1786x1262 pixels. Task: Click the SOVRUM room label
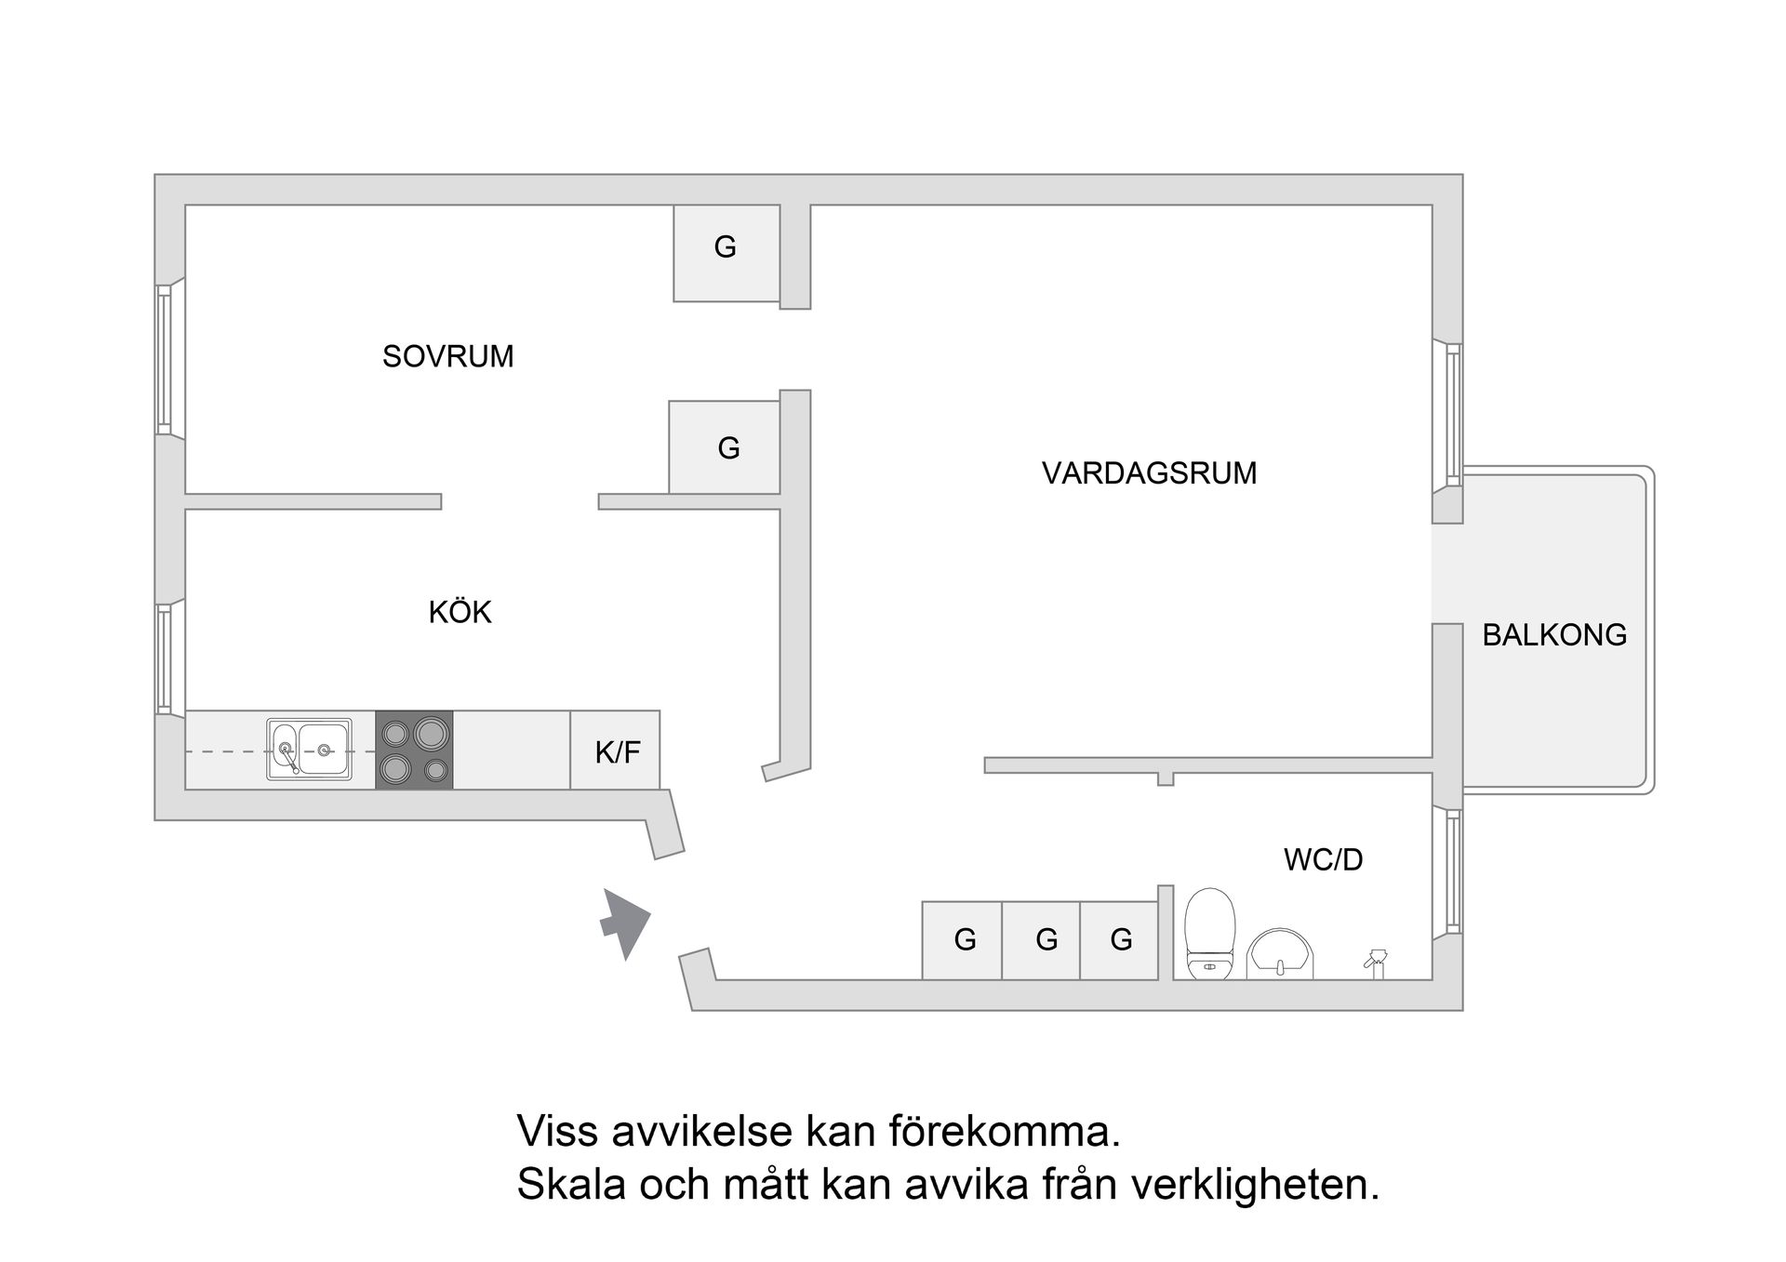[x=447, y=356]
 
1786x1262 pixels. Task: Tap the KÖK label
[x=460, y=612]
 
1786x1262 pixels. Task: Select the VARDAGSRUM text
[x=1149, y=473]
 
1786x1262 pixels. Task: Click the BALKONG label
[x=1554, y=635]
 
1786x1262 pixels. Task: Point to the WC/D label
[x=1323, y=859]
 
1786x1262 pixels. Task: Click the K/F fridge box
[x=616, y=751]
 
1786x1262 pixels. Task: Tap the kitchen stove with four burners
[x=414, y=751]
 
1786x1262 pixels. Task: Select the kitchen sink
[x=310, y=749]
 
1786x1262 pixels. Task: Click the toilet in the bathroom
[x=1209, y=934]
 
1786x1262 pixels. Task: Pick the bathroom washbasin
[x=1281, y=954]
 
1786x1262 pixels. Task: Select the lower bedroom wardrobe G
[x=726, y=448]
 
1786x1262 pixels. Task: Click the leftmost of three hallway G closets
[x=963, y=940]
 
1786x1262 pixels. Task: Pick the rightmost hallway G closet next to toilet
[x=1120, y=940]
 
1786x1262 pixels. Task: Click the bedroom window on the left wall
[x=165, y=359]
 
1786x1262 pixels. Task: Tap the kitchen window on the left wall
[x=165, y=658]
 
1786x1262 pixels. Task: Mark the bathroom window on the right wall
[x=1453, y=871]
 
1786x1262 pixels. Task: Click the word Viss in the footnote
[x=555, y=1132]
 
